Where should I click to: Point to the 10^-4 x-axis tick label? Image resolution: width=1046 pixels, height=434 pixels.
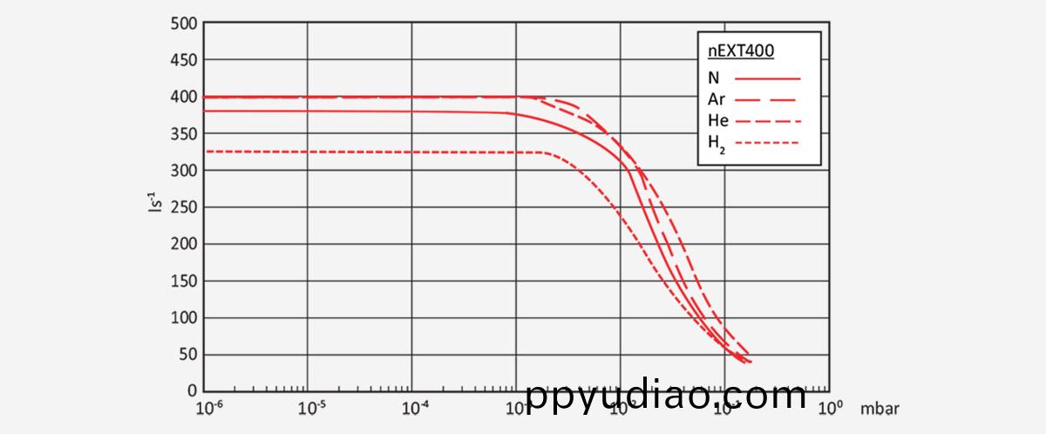pyautogui.click(x=414, y=407)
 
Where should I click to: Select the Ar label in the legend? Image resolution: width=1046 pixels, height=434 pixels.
pyautogui.click(x=717, y=99)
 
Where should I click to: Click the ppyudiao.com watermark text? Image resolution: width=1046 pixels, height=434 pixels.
pyautogui.click(x=667, y=397)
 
